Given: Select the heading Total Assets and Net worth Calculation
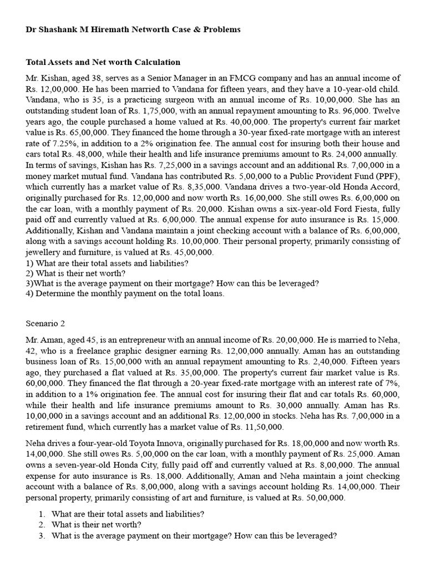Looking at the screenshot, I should pyautogui.click(x=103, y=63).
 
